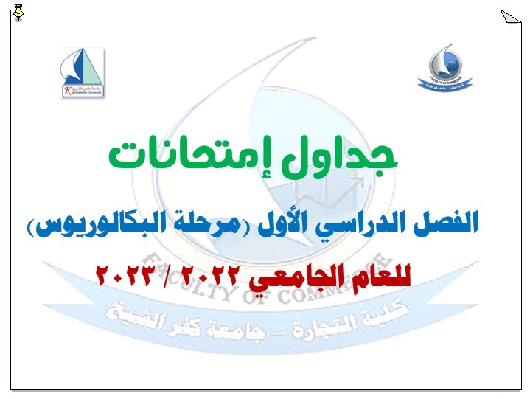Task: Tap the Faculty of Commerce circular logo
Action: click(x=447, y=70)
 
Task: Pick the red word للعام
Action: click(x=380, y=276)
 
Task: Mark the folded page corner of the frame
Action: click(x=510, y=18)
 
